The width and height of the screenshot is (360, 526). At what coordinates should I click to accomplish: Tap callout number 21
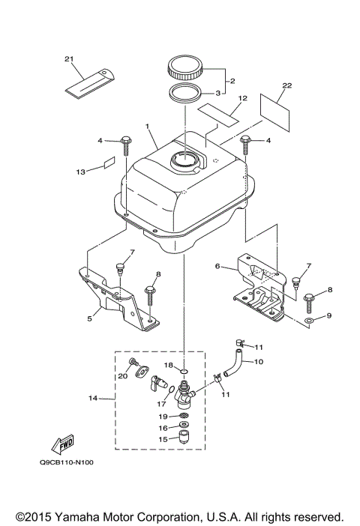(x=70, y=59)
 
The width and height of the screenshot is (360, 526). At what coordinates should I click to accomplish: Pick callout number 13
(x=80, y=172)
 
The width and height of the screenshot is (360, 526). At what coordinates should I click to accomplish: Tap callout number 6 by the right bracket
(x=217, y=266)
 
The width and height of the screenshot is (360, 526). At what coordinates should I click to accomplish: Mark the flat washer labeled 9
(x=308, y=320)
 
